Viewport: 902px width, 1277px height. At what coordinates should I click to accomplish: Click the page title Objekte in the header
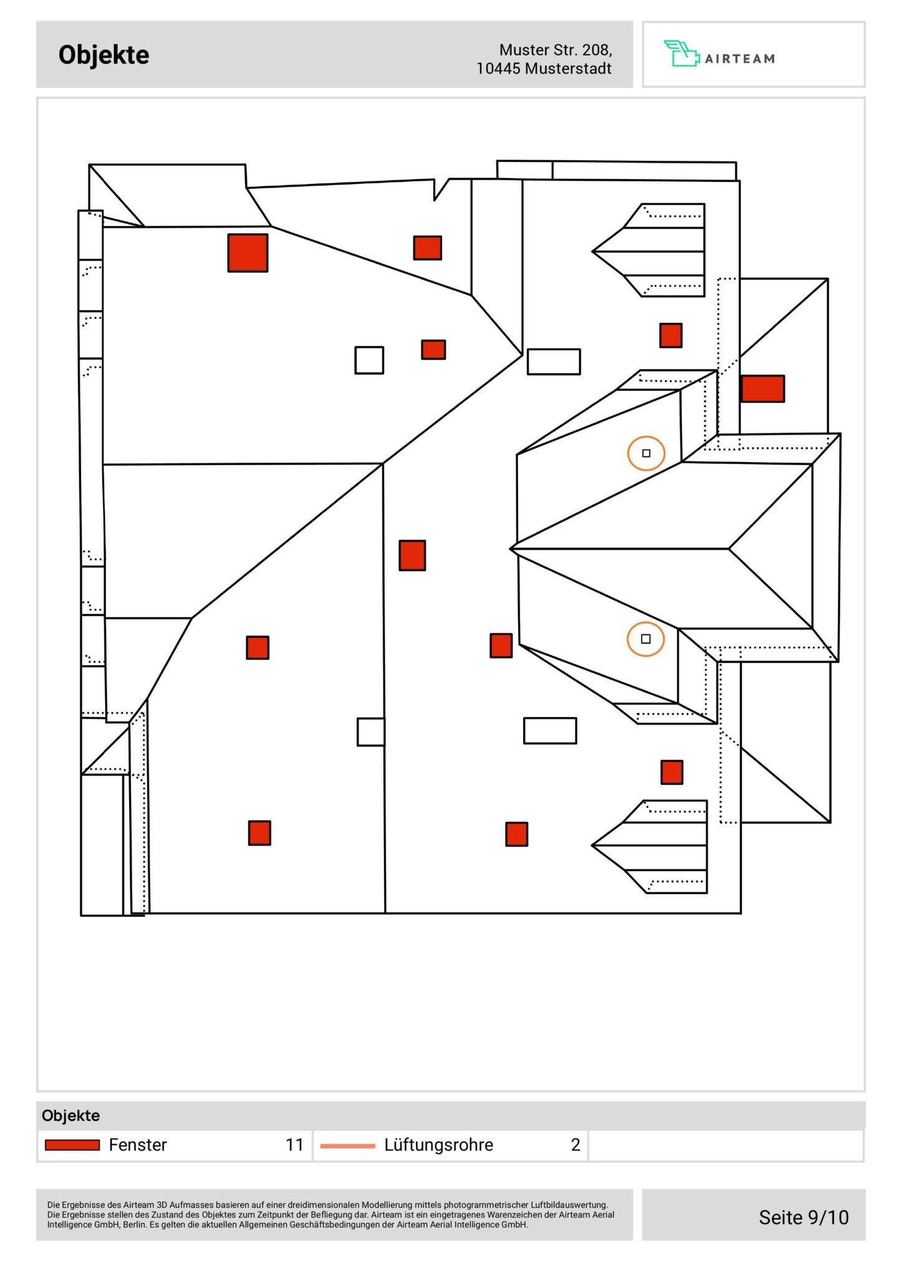coord(103,55)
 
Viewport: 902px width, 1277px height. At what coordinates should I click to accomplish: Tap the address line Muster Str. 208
coord(555,50)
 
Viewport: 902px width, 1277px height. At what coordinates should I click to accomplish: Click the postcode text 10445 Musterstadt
coord(544,69)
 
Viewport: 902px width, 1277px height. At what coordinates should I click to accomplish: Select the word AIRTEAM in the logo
coord(740,59)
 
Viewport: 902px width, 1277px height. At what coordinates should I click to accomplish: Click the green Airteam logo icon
coord(681,54)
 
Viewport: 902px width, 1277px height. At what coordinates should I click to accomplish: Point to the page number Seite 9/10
coord(804,1217)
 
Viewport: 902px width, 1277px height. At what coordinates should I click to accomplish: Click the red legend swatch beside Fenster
coord(72,1145)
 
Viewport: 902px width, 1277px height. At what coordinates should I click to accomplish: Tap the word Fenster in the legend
coord(138,1145)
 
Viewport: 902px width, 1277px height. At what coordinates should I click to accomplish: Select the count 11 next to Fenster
coord(294,1145)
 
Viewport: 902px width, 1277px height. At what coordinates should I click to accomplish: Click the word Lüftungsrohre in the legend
coord(438,1145)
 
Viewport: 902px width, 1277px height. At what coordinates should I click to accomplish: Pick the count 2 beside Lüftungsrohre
coord(575,1145)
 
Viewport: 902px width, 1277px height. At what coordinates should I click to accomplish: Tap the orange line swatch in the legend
coord(347,1145)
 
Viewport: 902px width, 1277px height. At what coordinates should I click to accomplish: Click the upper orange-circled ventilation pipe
coord(646,453)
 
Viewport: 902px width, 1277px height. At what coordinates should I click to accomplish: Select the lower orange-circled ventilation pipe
coord(646,639)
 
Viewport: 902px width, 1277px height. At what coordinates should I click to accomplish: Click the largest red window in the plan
coord(247,253)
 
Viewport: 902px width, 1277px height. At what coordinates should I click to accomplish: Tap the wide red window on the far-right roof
coord(762,388)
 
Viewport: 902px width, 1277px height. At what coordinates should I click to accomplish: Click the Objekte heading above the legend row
coord(70,1116)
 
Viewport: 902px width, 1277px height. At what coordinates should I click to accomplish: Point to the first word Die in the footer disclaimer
coord(53,1205)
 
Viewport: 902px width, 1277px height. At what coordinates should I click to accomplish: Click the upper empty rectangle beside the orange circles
coord(554,362)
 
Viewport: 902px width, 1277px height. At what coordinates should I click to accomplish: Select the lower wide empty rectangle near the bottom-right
coord(550,731)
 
